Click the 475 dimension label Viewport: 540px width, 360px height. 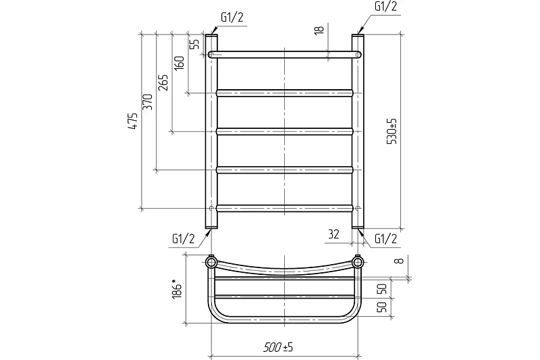pos(133,121)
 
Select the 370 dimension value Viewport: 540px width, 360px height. pos(148,102)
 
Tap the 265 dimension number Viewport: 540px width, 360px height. pos(163,82)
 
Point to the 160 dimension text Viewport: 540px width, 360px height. pos(180,63)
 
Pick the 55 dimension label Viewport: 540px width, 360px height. pos(194,44)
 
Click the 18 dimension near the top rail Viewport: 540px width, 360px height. pos(319,29)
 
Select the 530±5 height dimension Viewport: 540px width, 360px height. pos(392,131)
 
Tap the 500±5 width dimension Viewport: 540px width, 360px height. pos(278,347)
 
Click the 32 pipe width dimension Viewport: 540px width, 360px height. pos(333,234)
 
